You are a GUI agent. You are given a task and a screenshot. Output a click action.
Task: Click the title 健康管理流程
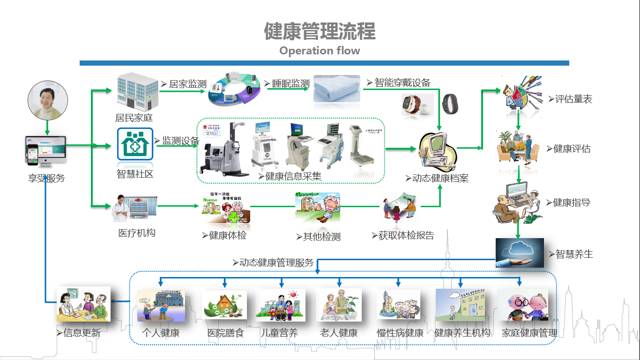(x=320, y=31)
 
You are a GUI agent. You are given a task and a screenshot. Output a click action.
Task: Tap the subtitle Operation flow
(x=320, y=51)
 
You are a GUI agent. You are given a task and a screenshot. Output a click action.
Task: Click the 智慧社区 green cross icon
(x=135, y=144)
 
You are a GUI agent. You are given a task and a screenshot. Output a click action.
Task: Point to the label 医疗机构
(x=136, y=233)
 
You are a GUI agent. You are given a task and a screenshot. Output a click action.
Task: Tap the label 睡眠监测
(x=290, y=84)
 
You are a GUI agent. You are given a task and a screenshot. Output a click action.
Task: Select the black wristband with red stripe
(x=451, y=104)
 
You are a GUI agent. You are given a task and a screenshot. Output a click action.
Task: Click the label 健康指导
(x=572, y=202)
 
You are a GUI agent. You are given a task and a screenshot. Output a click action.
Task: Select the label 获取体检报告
(x=406, y=235)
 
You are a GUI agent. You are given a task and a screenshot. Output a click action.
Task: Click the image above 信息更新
(x=83, y=304)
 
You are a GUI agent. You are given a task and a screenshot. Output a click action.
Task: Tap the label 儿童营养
(x=279, y=333)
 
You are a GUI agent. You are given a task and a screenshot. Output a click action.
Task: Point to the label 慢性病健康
(x=400, y=333)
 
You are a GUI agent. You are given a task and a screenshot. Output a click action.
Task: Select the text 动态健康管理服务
(x=276, y=262)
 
